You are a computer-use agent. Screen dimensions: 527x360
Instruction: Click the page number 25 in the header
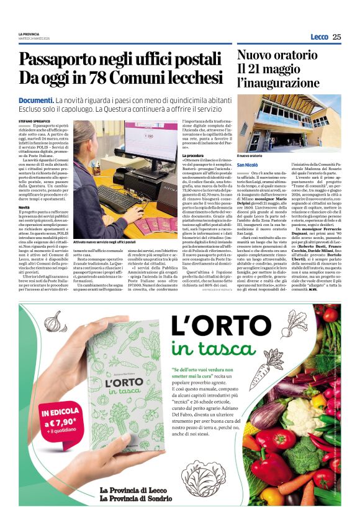pyautogui.click(x=337, y=37)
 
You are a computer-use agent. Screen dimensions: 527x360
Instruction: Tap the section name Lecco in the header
pyautogui.click(x=319, y=37)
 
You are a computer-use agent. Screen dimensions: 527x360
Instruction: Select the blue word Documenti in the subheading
pyautogui.click(x=35, y=100)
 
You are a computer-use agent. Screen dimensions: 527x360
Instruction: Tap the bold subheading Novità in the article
pyautogui.click(x=24, y=207)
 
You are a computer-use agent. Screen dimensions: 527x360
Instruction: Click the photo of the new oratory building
pyautogui.click(x=289, y=123)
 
